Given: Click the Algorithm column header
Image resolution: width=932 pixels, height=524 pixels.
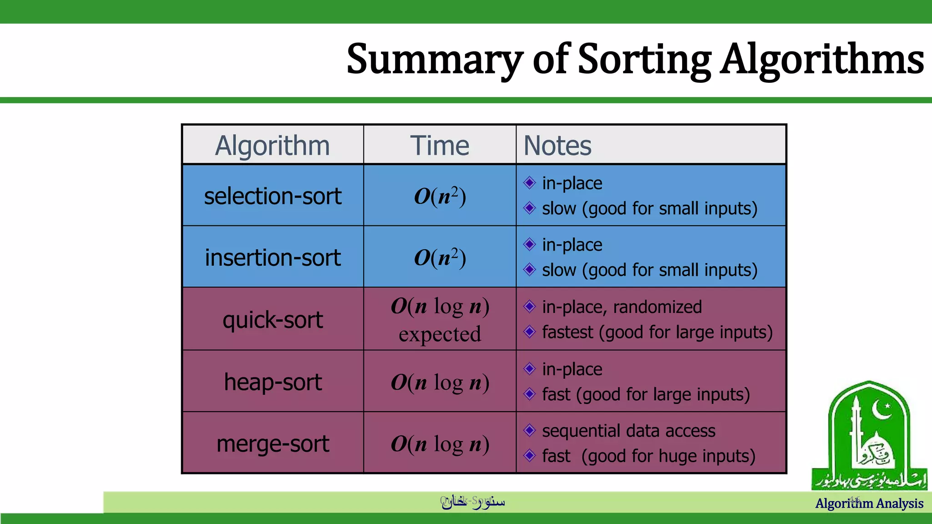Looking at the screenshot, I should tap(272, 146).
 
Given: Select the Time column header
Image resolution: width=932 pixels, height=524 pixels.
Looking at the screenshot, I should tap(440, 146).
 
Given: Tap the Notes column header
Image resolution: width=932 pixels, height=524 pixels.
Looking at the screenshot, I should tap(557, 146).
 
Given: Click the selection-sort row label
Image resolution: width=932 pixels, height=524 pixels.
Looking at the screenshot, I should tap(272, 196).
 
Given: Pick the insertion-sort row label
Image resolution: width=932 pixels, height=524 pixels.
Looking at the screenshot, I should tap(272, 257).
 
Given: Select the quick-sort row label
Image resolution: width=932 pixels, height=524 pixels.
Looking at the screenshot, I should tap(272, 320).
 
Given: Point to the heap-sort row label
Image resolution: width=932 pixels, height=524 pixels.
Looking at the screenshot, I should tap(272, 382).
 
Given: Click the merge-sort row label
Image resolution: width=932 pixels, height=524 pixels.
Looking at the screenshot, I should tap(272, 443).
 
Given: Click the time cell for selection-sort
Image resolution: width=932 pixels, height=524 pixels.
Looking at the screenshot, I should tap(440, 196).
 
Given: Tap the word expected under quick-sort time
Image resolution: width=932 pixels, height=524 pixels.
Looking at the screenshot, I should tap(440, 334).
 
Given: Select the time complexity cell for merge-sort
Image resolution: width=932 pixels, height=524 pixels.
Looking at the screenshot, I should tap(440, 444).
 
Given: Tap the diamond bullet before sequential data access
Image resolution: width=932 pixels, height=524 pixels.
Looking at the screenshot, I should tap(529, 430).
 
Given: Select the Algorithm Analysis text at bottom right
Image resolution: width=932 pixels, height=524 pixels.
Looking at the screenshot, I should tap(869, 504).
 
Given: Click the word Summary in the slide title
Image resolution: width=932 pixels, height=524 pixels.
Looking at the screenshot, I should tap(435, 59).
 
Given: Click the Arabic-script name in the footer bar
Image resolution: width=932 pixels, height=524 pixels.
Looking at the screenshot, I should tap(473, 502).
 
